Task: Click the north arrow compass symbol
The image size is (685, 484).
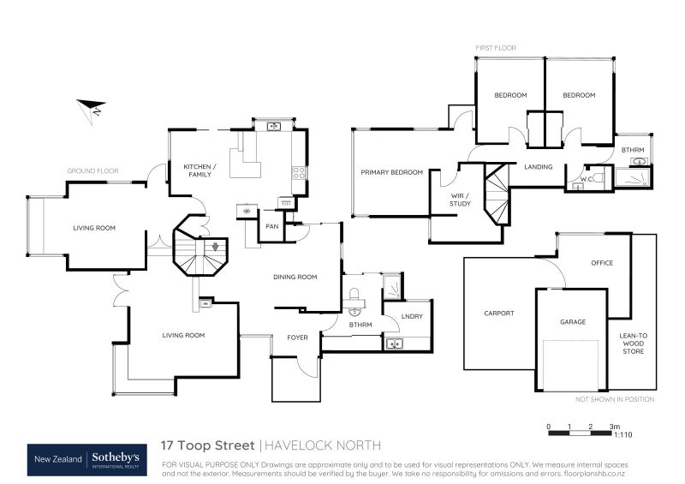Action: [x=90, y=109]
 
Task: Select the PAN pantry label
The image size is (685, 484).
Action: [x=271, y=226]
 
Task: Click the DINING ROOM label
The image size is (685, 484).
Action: [x=295, y=277]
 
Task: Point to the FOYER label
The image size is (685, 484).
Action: [x=296, y=338]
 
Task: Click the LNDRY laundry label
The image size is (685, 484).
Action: [x=412, y=317]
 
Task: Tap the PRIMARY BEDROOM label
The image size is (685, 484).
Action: [x=391, y=172]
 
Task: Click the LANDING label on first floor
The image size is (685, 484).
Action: [x=539, y=167]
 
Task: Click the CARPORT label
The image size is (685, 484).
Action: [x=498, y=314]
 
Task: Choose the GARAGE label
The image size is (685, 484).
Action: [x=572, y=322]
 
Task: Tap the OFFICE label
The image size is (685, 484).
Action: [x=601, y=263]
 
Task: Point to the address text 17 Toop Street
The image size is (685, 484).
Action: [x=208, y=445]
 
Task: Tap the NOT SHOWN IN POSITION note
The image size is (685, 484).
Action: [x=615, y=399]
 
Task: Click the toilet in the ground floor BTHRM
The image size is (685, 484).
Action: [x=354, y=299]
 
